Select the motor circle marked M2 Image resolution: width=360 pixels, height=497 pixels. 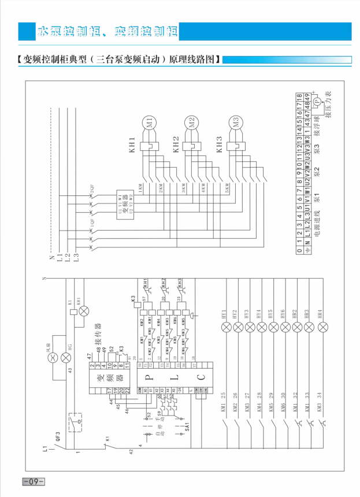[192, 122]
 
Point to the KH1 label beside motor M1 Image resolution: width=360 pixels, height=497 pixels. [132, 144]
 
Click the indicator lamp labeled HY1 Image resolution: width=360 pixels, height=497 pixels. [226, 327]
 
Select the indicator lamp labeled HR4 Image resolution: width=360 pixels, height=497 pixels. [320, 327]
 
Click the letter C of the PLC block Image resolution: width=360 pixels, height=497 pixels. [199, 378]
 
